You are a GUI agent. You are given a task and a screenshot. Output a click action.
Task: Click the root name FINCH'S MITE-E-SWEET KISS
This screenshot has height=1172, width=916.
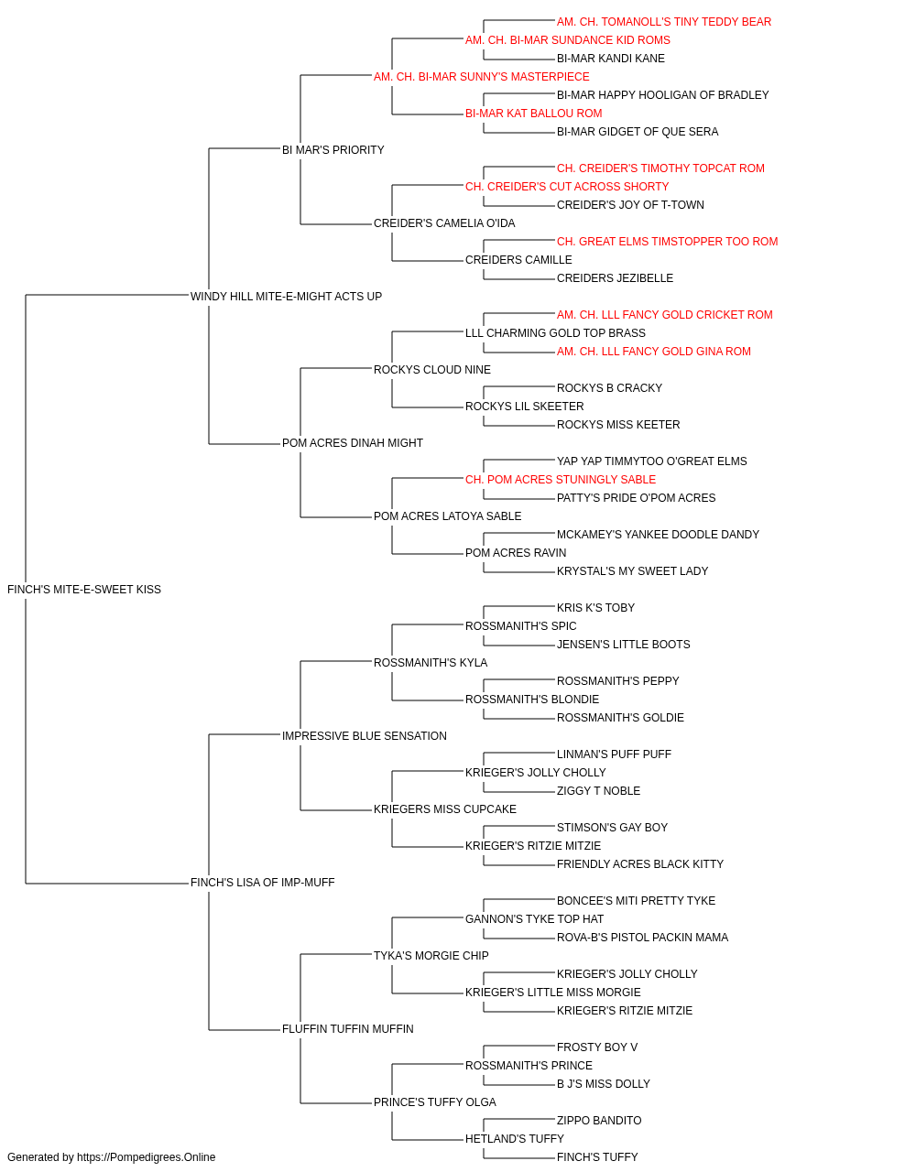(84, 589)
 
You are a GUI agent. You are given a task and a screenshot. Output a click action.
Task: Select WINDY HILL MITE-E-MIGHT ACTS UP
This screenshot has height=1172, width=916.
(286, 296)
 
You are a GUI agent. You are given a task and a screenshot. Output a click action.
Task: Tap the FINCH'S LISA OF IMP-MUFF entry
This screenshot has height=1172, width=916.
(262, 883)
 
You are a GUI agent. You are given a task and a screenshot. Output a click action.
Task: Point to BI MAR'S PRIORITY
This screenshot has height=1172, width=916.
(333, 149)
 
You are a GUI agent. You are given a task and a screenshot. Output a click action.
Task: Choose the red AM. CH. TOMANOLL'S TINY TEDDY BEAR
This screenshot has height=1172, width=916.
(663, 22)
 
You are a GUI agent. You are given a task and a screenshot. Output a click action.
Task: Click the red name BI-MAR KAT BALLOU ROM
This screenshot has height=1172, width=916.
(533, 113)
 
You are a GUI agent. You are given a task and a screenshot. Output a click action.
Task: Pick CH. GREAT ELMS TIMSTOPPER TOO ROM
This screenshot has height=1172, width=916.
(667, 241)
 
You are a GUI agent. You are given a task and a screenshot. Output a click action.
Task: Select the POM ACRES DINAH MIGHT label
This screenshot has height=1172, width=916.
(353, 443)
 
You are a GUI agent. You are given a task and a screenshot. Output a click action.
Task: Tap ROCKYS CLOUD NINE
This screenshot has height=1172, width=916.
(432, 369)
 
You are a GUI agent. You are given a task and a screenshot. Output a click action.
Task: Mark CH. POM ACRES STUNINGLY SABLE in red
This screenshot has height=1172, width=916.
(561, 480)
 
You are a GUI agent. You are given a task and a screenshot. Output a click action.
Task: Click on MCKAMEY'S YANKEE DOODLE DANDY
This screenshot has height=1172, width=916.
(658, 535)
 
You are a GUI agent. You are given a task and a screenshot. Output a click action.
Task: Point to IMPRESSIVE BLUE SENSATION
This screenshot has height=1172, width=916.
(365, 735)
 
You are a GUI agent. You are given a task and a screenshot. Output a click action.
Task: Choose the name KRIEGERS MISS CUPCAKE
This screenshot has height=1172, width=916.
(444, 809)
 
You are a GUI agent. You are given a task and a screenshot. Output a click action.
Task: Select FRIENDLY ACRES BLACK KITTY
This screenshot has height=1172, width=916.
(639, 864)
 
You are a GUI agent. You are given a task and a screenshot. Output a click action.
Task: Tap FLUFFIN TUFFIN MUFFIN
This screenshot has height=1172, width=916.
(347, 1028)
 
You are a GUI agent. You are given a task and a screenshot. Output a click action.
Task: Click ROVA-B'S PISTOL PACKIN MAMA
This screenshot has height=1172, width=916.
(642, 938)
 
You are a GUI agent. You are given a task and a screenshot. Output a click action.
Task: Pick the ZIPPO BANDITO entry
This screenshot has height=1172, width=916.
(599, 1120)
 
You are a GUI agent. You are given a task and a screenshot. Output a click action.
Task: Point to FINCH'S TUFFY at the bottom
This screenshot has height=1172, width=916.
(597, 1157)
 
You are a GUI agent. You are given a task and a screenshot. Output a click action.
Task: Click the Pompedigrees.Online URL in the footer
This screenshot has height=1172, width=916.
(146, 1157)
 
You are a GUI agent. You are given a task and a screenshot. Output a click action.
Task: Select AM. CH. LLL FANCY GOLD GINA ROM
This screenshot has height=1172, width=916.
(653, 351)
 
